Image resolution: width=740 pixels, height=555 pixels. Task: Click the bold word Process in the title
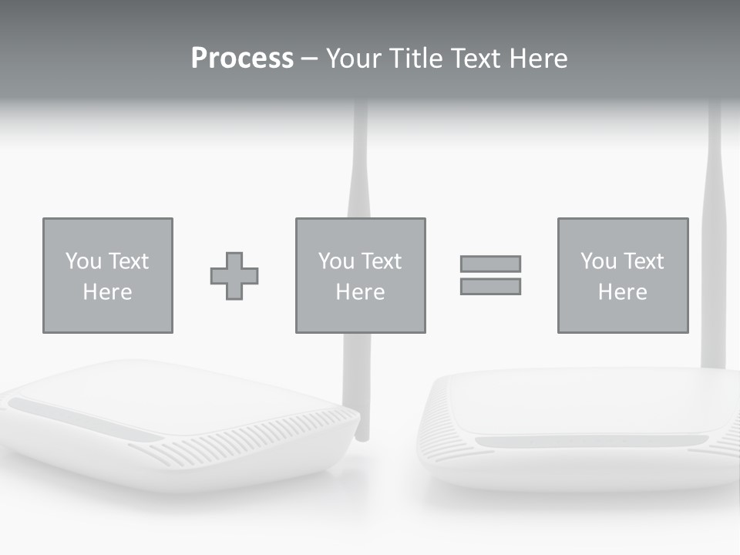[x=242, y=59]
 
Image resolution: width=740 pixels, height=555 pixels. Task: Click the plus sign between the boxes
[x=234, y=276]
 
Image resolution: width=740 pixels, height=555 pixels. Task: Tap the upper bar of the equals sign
[x=490, y=264]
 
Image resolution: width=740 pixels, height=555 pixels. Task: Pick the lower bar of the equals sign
[x=490, y=287]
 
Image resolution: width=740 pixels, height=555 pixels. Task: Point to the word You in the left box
[x=83, y=261]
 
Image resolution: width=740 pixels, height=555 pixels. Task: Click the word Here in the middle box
[x=361, y=292]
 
